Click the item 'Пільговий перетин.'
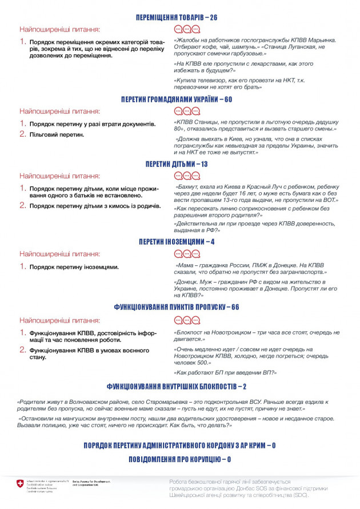(56, 134)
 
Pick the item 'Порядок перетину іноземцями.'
(74, 267)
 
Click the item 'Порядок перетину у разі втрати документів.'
(92, 124)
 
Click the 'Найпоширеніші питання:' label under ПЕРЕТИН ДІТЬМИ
(59, 176)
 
